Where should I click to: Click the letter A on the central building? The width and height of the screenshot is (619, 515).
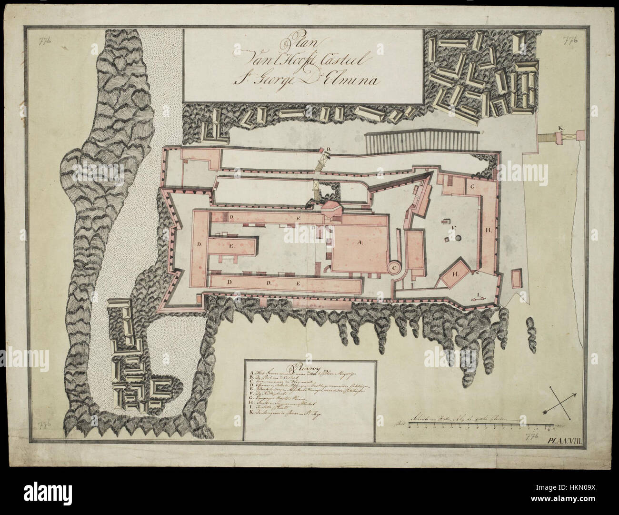pos(360,242)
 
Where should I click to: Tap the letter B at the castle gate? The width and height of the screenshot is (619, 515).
pos(328,151)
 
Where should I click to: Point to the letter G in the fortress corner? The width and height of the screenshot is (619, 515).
pos(473,187)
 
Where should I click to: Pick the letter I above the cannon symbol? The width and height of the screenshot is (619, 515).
pos(478,292)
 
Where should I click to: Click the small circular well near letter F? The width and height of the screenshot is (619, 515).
pos(458,237)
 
